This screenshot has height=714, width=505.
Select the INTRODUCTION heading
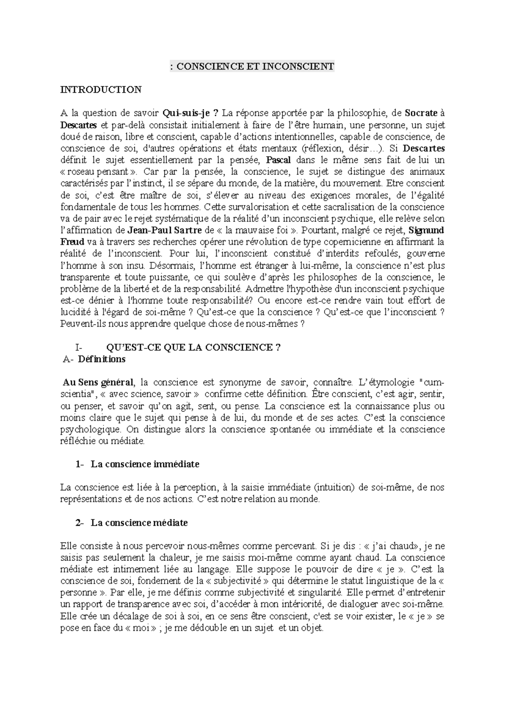point(101,90)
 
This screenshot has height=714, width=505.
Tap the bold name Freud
point(72,242)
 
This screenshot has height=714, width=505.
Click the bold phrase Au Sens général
point(98,383)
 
